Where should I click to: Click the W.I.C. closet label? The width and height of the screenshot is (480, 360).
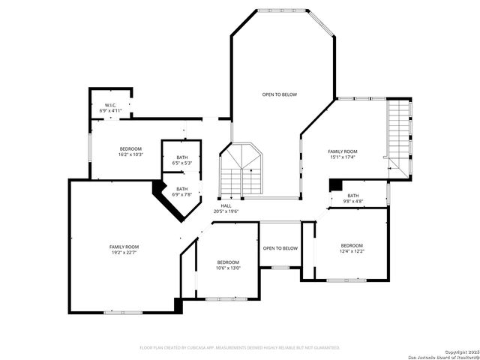point(109,108)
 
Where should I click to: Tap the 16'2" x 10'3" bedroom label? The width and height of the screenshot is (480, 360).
point(130,151)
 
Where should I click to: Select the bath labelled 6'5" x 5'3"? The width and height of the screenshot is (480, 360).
point(182,160)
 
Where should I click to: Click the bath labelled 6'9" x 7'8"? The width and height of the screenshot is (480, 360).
point(182,192)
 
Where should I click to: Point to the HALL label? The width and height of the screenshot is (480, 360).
point(226,208)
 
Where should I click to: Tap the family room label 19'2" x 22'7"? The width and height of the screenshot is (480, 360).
point(124,250)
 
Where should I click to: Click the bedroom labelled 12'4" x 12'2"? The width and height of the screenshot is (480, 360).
point(352,248)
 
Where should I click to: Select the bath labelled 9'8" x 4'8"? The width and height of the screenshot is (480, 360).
point(352,199)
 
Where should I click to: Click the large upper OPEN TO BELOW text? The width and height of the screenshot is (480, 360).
point(280,94)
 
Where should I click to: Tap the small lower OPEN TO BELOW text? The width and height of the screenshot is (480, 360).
point(280,248)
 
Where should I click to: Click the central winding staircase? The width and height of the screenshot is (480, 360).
point(240,171)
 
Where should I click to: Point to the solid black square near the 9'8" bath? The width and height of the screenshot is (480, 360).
point(335,184)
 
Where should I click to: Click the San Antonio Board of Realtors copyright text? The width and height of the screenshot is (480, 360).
point(442,354)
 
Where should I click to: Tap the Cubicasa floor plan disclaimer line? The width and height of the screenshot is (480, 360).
point(240,347)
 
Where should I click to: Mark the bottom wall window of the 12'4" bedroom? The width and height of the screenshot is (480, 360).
point(346,280)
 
